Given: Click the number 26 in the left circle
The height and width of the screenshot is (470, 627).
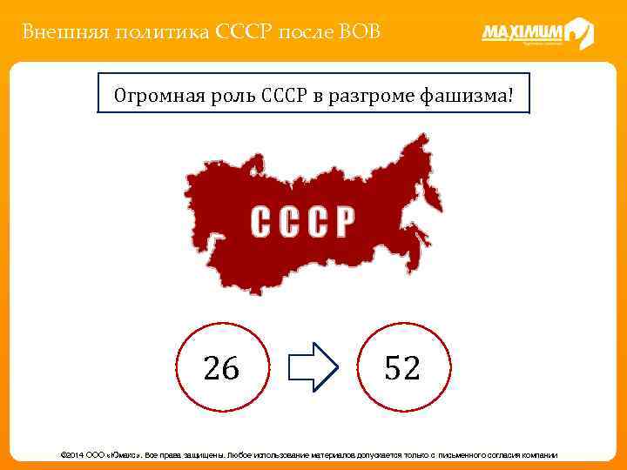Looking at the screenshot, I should tap(221, 368).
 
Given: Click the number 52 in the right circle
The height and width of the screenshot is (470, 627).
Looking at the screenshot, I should tap(402, 368).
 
